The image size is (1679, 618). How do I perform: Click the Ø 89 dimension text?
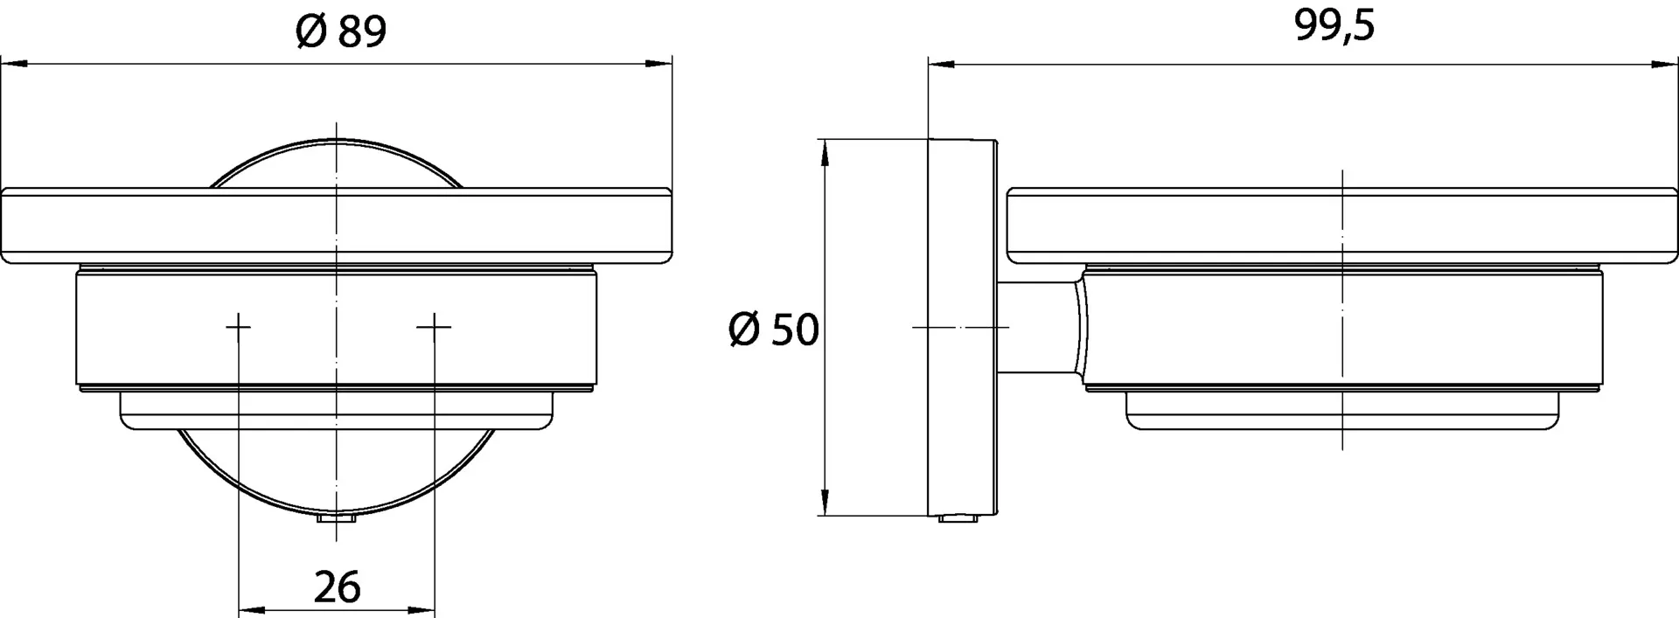[x=340, y=32]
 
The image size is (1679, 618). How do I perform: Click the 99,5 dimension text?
[x=1334, y=27]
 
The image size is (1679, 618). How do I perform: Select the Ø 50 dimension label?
[x=773, y=330]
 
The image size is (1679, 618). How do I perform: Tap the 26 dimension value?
[x=337, y=587]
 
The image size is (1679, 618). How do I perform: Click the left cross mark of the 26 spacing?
[x=239, y=327]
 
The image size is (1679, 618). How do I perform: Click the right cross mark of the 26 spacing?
[x=435, y=327]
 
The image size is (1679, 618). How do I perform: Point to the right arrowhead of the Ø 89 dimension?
[x=661, y=64]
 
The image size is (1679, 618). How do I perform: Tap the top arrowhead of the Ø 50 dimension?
[x=824, y=154]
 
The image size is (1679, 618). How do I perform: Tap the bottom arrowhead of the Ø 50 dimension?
[x=824, y=503]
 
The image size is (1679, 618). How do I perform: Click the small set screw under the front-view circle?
[x=337, y=520]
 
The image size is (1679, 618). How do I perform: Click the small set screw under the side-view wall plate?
[x=958, y=519]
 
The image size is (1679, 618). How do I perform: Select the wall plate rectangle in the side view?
[x=962, y=327]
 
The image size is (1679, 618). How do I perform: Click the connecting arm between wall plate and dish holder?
[x=1036, y=327]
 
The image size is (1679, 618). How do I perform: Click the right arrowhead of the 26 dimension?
[x=424, y=611]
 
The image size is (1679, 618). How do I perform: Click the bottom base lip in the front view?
[x=337, y=410]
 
